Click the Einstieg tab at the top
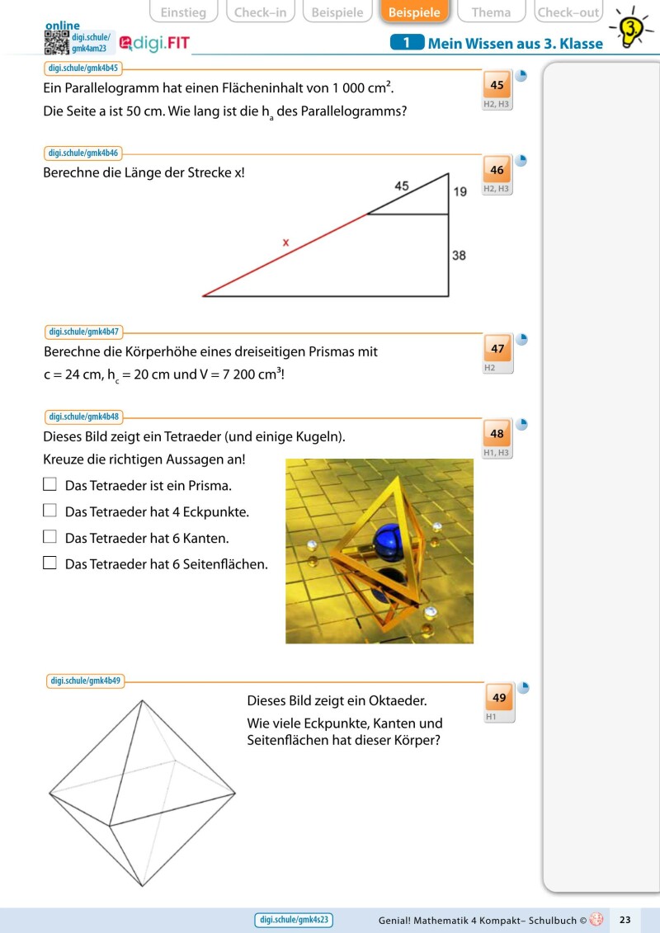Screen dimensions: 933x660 tap(183, 12)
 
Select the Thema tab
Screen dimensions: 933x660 tap(491, 12)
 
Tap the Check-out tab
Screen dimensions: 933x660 tap(568, 12)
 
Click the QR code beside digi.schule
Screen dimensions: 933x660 tap(56, 44)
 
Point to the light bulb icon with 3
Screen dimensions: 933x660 tap(632, 30)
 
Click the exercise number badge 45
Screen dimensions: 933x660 tap(497, 85)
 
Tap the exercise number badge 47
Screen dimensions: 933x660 tap(497, 349)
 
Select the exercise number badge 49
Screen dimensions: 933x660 tap(499, 698)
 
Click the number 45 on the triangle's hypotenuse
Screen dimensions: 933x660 tap(402, 186)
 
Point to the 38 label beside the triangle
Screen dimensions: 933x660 tap(459, 256)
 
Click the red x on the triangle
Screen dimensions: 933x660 tap(285, 243)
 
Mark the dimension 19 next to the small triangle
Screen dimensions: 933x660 tap(460, 192)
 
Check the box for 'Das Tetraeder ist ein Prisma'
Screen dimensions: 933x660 tap(49, 484)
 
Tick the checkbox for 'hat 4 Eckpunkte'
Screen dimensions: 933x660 tap(49, 511)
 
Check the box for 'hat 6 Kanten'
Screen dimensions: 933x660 tap(49, 537)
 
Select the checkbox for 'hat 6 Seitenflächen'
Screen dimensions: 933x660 tap(49, 563)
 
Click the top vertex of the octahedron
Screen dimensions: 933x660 tap(143, 701)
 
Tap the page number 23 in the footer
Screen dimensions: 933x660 tap(625, 919)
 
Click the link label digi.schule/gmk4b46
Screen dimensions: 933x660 tap(84, 153)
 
